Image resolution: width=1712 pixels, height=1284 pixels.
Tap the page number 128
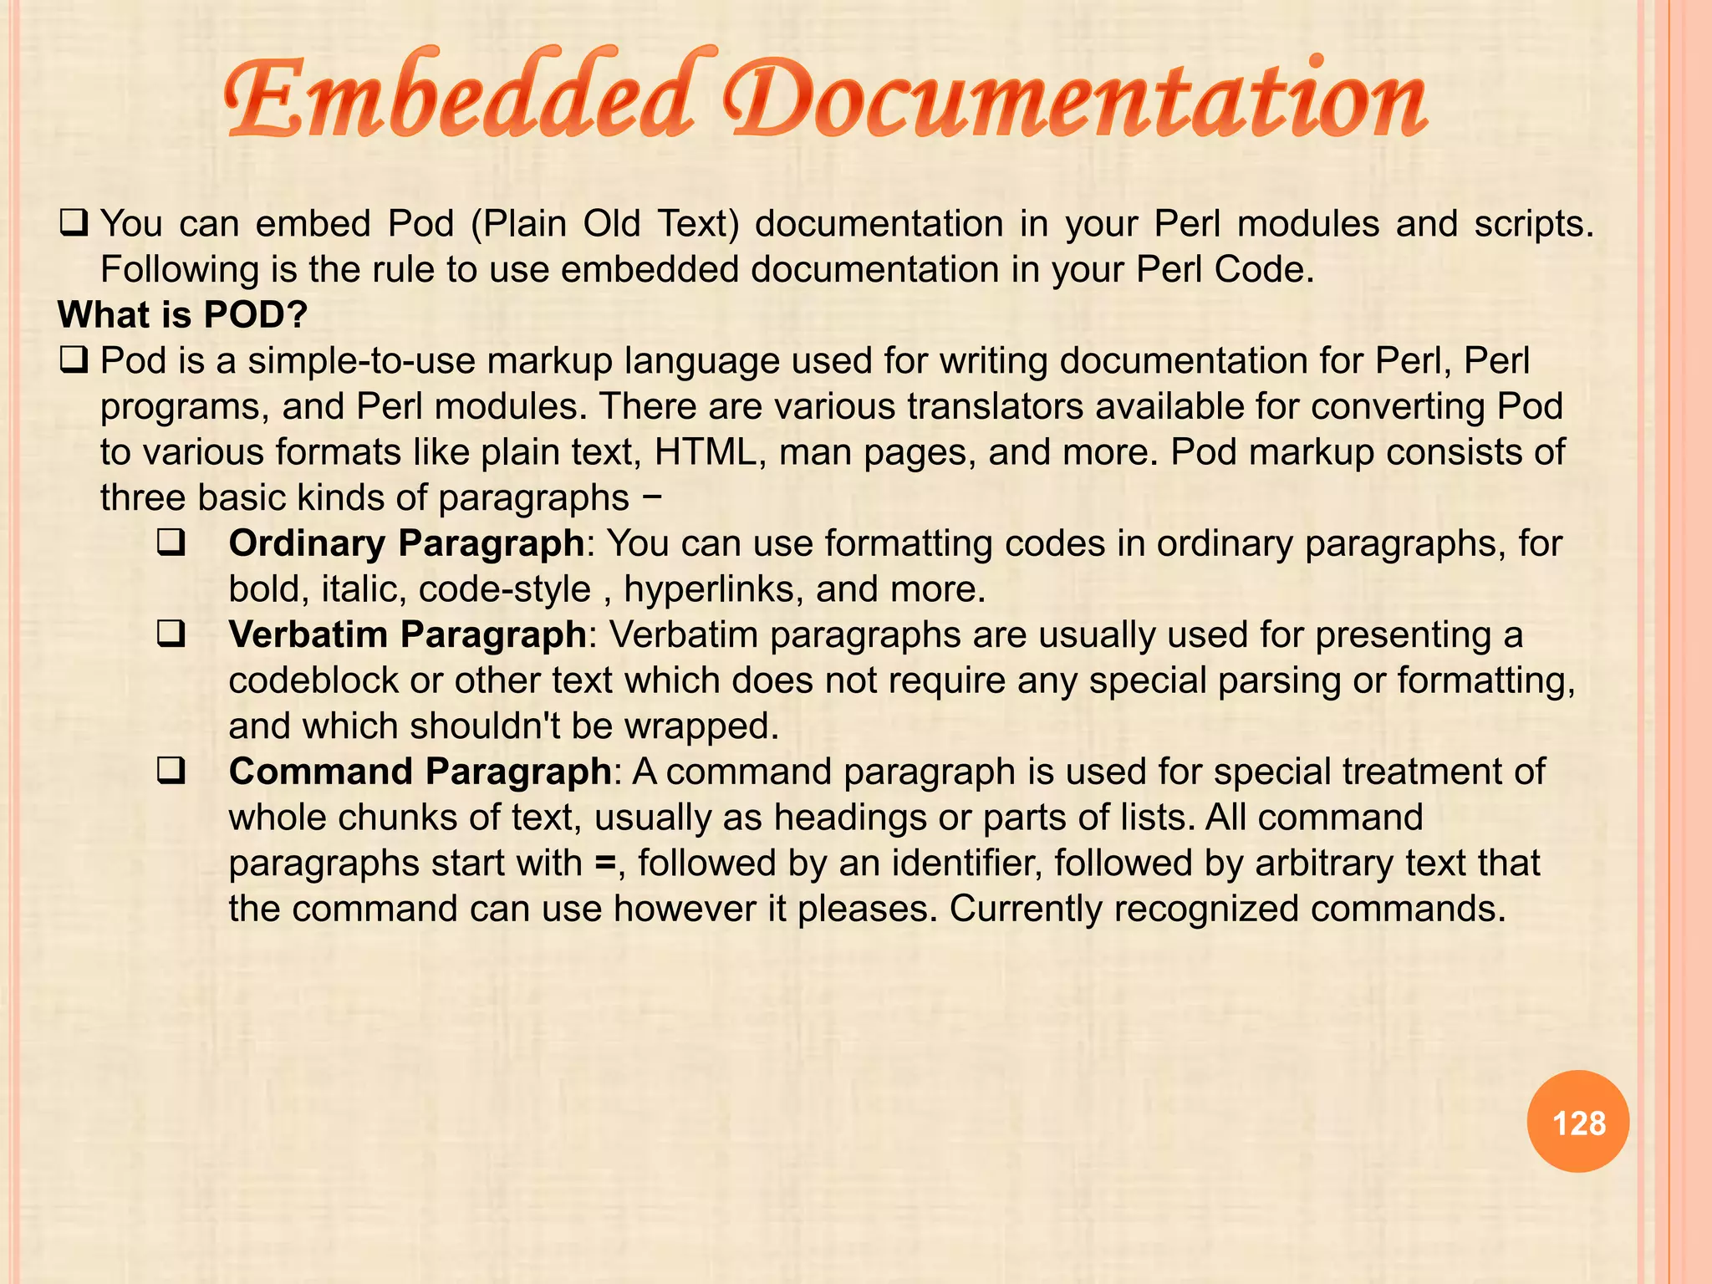[1578, 1123]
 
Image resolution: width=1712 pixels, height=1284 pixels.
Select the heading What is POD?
[183, 315]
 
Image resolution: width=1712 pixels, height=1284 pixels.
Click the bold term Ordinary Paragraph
[406, 543]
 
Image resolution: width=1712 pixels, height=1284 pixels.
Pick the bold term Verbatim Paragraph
[407, 634]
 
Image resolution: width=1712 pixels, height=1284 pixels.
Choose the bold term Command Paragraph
[420, 772]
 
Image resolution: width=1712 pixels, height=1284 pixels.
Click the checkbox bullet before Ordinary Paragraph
[171, 544]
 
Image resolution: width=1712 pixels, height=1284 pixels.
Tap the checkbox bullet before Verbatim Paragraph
[171, 635]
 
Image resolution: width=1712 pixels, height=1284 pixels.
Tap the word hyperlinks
[714, 589]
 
